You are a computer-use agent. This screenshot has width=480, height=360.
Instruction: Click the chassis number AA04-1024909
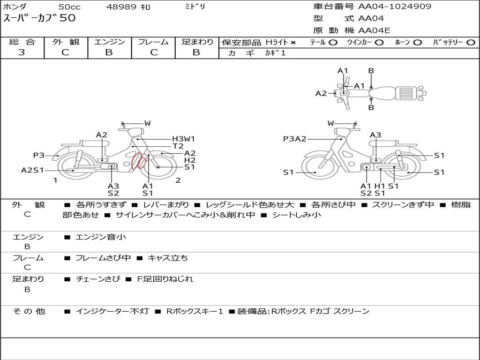395,6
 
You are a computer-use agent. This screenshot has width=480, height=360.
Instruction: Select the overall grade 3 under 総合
22,52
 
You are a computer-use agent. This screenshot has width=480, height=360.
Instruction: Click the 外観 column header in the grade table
66,42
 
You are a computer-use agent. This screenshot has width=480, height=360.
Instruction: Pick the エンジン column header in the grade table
109,42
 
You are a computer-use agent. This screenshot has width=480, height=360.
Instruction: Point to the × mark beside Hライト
293,43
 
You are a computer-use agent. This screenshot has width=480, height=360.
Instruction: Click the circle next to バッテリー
471,43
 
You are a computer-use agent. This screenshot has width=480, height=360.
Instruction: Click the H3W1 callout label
183,139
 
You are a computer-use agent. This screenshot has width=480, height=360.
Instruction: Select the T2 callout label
178,146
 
